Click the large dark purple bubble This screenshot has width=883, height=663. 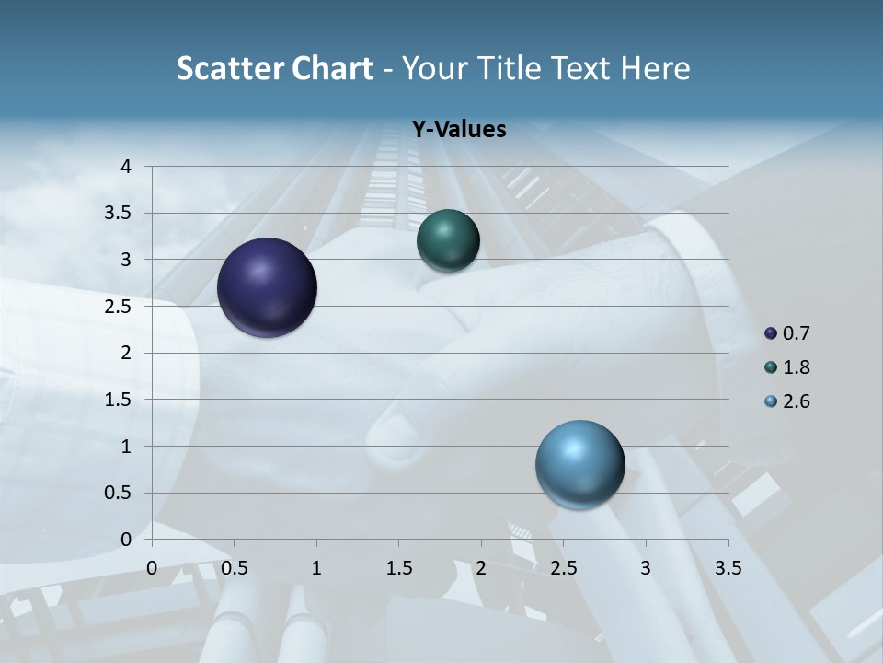268,287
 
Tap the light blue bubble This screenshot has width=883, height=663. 580,465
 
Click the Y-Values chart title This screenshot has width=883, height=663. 458,130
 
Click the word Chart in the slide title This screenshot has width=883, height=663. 332,68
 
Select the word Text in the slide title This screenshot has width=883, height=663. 579,68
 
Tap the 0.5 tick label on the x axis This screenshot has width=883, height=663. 235,567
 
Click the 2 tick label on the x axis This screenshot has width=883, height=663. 481,567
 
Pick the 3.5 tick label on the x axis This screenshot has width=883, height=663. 728,567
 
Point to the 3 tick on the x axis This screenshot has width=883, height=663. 646,567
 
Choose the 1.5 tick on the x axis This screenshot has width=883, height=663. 399,567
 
